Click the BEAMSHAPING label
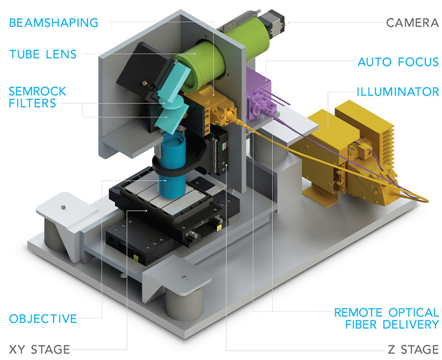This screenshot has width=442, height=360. [54, 23]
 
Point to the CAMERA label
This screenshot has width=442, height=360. [412, 23]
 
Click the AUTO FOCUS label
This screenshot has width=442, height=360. [398, 62]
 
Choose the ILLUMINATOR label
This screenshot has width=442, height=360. [398, 92]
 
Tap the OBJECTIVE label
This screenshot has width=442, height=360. [43, 318]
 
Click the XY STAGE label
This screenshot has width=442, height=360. [40, 349]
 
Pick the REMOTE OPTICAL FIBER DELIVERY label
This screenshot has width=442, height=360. [387, 319]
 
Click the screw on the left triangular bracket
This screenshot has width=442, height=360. [62, 206]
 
